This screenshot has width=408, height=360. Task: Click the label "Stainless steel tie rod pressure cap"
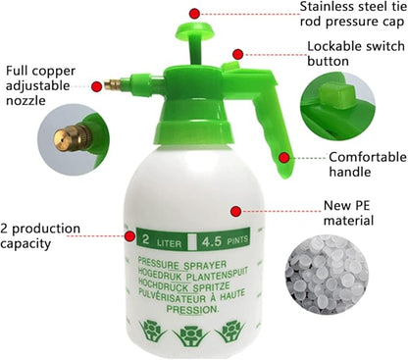[339, 15]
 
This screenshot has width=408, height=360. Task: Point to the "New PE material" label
[351, 215]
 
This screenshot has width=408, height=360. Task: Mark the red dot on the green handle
[284, 157]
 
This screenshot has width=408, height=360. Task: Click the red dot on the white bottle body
[235, 209]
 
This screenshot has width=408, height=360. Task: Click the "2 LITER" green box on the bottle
[160, 237]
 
